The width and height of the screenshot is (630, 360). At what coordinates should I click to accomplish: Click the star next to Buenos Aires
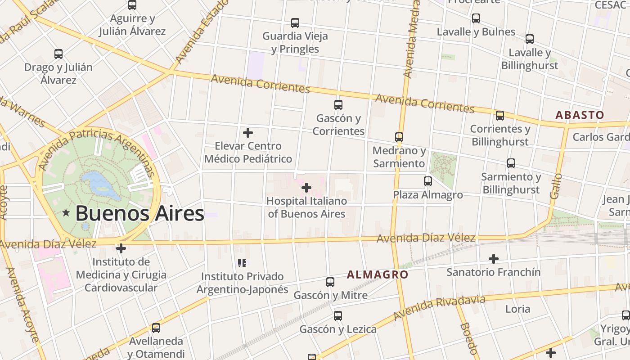[66, 213]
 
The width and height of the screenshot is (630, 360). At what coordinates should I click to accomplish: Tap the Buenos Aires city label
[139, 213]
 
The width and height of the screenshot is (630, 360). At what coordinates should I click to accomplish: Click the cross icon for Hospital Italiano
[306, 187]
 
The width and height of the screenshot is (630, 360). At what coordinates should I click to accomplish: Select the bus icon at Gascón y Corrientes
[338, 105]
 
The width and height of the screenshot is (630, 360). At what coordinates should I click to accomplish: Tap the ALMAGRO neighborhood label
[377, 274]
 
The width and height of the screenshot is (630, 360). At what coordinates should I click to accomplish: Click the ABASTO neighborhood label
[579, 115]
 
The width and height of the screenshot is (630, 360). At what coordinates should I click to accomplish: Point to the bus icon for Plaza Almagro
[428, 181]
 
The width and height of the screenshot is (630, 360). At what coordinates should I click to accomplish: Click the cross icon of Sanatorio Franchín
[494, 259]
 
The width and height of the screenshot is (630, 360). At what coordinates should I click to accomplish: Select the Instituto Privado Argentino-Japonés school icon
[242, 263]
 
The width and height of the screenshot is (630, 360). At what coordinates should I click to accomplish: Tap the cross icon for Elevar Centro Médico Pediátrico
[247, 133]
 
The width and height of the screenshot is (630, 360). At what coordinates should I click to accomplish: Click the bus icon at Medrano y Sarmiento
[399, 137]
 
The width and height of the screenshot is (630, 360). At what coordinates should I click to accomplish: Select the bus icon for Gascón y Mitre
[330, 282]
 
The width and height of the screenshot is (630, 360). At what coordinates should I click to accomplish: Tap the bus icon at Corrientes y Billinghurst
[500, 116]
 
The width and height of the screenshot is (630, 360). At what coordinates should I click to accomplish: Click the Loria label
[517, 309]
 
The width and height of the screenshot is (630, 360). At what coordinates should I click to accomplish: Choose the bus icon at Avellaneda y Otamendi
[156, 328]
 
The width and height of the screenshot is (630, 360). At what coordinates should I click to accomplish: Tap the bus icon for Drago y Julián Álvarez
[58, 54]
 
